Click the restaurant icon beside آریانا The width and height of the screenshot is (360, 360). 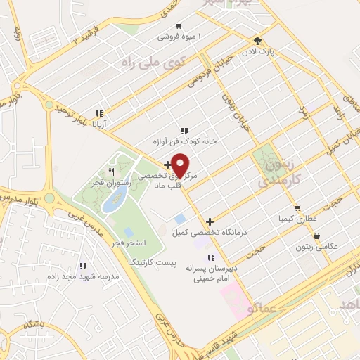[x=100, y=112]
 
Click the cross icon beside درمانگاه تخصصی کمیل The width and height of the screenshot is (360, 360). [x=210, y=221]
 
